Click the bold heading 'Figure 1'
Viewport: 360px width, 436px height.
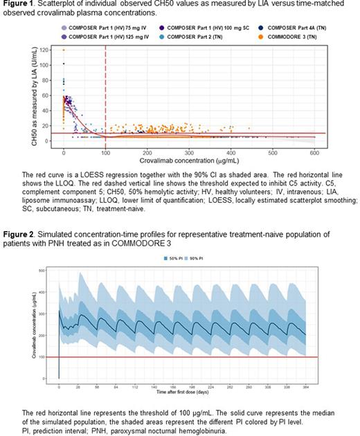(x=21, y=5)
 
